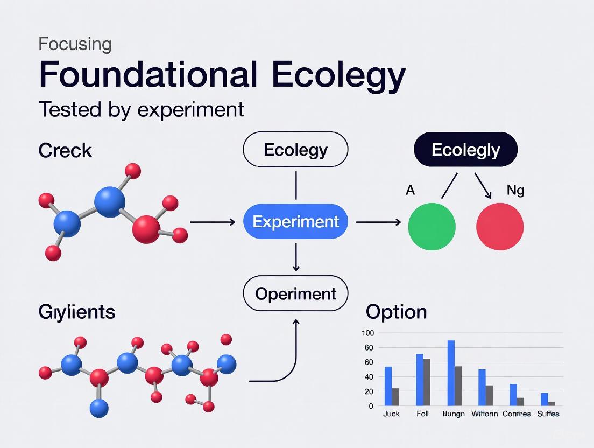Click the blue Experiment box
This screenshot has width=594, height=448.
(295, 221)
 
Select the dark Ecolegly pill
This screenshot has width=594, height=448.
(465, 149)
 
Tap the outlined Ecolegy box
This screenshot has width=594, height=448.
(295, 149)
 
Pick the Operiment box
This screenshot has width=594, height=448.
(295, 293)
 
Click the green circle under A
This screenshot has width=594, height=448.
(432, 226)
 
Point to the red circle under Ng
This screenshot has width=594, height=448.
(500, 226)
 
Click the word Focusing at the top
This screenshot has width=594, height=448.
(75, 44)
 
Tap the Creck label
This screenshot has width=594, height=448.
(65, 151)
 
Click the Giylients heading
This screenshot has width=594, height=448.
(77, 312)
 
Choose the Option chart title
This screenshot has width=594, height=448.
(396, 312)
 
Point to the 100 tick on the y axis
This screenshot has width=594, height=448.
(367, 333)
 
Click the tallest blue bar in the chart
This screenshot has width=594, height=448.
(451, 373)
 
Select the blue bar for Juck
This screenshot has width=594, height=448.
(388, 386)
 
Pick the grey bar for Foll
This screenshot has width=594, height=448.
(427, 382)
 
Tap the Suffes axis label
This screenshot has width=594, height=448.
(548, 414)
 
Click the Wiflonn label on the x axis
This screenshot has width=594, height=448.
(484, 414)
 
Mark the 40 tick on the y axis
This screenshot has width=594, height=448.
(368, 391)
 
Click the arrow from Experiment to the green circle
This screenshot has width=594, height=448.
(379, 222)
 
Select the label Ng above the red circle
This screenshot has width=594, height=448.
(515, 190)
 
